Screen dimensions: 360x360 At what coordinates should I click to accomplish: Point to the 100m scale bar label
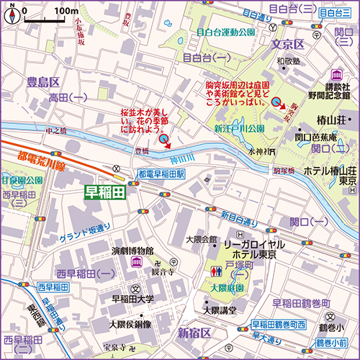tap(66, 12)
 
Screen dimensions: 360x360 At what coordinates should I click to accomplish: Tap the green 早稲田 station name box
tap(105, 192)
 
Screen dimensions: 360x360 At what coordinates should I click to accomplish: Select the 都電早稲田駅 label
tap(162, 174)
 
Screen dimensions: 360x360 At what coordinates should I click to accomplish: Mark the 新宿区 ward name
tap(194, 333)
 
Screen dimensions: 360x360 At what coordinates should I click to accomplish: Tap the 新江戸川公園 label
tap(239, 127)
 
